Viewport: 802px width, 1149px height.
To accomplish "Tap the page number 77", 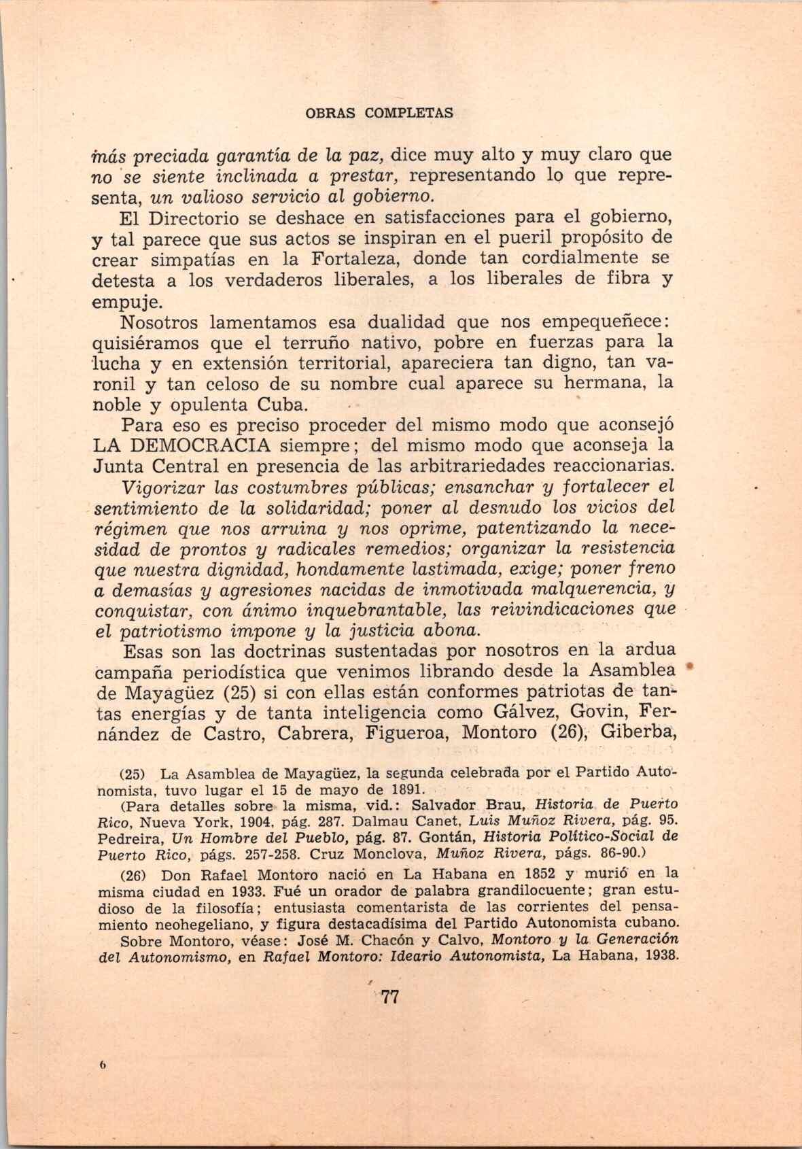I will coord(389,997).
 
